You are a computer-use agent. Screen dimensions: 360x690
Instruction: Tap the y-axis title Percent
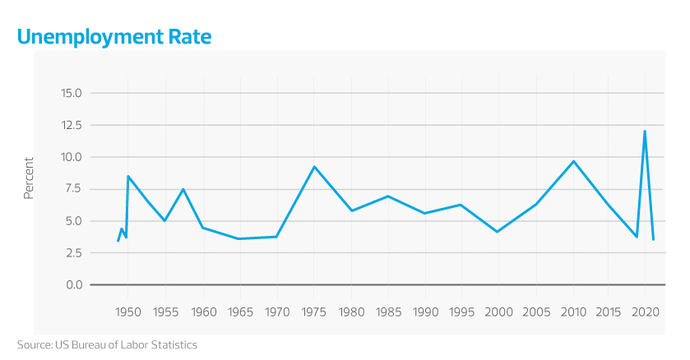tap(29, 178)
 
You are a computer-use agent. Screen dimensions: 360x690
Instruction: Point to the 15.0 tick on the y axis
tap(72, 93)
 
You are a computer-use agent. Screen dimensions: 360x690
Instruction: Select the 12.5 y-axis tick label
tap(72, 125)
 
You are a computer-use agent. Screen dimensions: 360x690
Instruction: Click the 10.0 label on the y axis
tap(72, 157)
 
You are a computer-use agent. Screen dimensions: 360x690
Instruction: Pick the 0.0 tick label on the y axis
tap(74, 284)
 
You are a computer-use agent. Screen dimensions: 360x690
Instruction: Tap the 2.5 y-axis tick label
tap(74, 253)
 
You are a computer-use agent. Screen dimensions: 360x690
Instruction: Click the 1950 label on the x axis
tap(127, 312)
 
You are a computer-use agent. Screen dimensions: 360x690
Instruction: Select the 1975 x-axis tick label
tap(313, 312)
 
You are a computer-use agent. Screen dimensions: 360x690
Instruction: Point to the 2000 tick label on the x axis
tap(499, 312)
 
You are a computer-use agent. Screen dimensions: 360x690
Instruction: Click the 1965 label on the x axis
tap(238, 312)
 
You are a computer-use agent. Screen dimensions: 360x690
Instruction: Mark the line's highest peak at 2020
tap(645, 132)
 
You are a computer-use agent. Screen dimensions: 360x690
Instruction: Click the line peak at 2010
tap(573, 161)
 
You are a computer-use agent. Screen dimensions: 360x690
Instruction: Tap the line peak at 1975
tap(313, 167)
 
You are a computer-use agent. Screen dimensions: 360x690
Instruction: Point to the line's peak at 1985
tap(387, 196)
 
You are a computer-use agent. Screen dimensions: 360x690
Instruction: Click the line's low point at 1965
tap(238, 238)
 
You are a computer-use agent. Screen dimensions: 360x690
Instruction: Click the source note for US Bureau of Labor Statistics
tap(107, 344)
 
